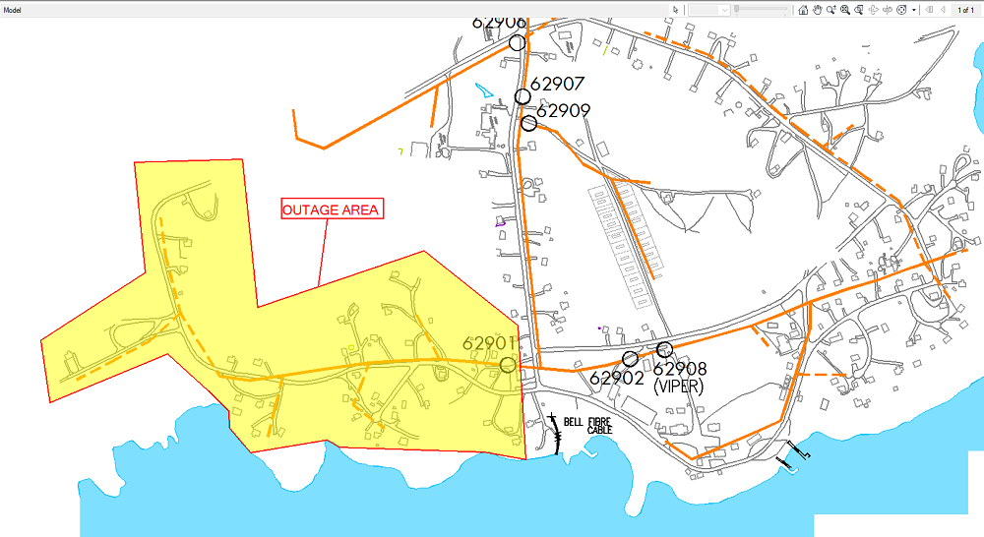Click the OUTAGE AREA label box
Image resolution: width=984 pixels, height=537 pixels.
click(x=331, y=209)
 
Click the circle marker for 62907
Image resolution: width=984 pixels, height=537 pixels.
click(x=523, y=96)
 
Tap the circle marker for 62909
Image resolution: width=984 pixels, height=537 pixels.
click(x=529, y=123)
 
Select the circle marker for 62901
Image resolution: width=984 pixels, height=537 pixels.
click(x=508, y=365)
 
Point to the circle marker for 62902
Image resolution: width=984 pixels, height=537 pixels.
click(x=630, y=359)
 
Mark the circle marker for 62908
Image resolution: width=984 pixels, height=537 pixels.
click(x=664, y=349)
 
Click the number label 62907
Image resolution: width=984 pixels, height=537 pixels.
click(x=558, y=85)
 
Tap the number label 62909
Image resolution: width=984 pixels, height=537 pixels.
click(x=563, y=111)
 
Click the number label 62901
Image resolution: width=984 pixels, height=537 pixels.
click(x=489, y=343)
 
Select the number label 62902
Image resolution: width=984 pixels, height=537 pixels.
click(x=616, y=377)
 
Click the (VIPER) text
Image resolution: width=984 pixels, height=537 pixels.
click(x=678, y=387)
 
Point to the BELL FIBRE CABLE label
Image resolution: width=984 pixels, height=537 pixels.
click(x=599, y=426)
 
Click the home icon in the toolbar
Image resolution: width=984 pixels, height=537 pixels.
click(x=803, y=9)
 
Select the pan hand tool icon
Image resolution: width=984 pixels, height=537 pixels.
click(x=817, y=9)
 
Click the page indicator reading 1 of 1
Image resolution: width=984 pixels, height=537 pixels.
click(x=965, y=9)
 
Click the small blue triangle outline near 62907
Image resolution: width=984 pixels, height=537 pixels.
click(x=482, y=89)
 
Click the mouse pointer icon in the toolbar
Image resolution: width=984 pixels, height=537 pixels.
click(x=675, y=9)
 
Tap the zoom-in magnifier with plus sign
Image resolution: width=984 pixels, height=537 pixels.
click(x=844, y=9)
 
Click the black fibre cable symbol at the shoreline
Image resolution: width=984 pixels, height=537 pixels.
click(x=557, y=433)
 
